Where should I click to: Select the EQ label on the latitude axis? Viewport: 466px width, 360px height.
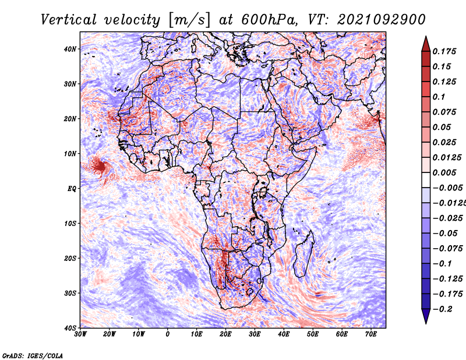tap(70, 189)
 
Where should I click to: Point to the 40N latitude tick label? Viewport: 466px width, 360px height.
tap(69, 49)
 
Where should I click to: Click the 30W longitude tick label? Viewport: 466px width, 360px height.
tap(80, 335)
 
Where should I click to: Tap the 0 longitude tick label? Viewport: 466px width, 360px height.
tap(168, 335)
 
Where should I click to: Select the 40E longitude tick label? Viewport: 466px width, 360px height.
tap(284, 335)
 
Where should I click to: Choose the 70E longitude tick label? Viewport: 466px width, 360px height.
tap(371, 335)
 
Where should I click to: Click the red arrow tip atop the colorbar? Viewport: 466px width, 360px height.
tap(426, 40)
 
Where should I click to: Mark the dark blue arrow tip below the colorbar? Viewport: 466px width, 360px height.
tap(426, 318)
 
